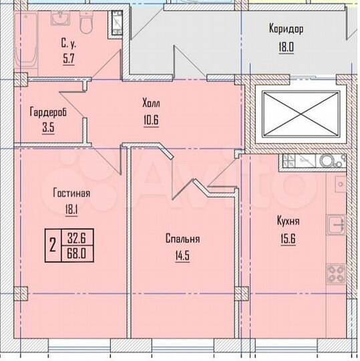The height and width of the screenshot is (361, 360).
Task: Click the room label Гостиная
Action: tap(71, 193)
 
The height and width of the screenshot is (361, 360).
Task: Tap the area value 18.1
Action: tap(71, 208)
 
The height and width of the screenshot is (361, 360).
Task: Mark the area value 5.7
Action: tap(69, 58)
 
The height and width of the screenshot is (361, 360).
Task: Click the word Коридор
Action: tap(286, 29)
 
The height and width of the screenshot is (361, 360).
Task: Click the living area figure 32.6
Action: tap(73, 235)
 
